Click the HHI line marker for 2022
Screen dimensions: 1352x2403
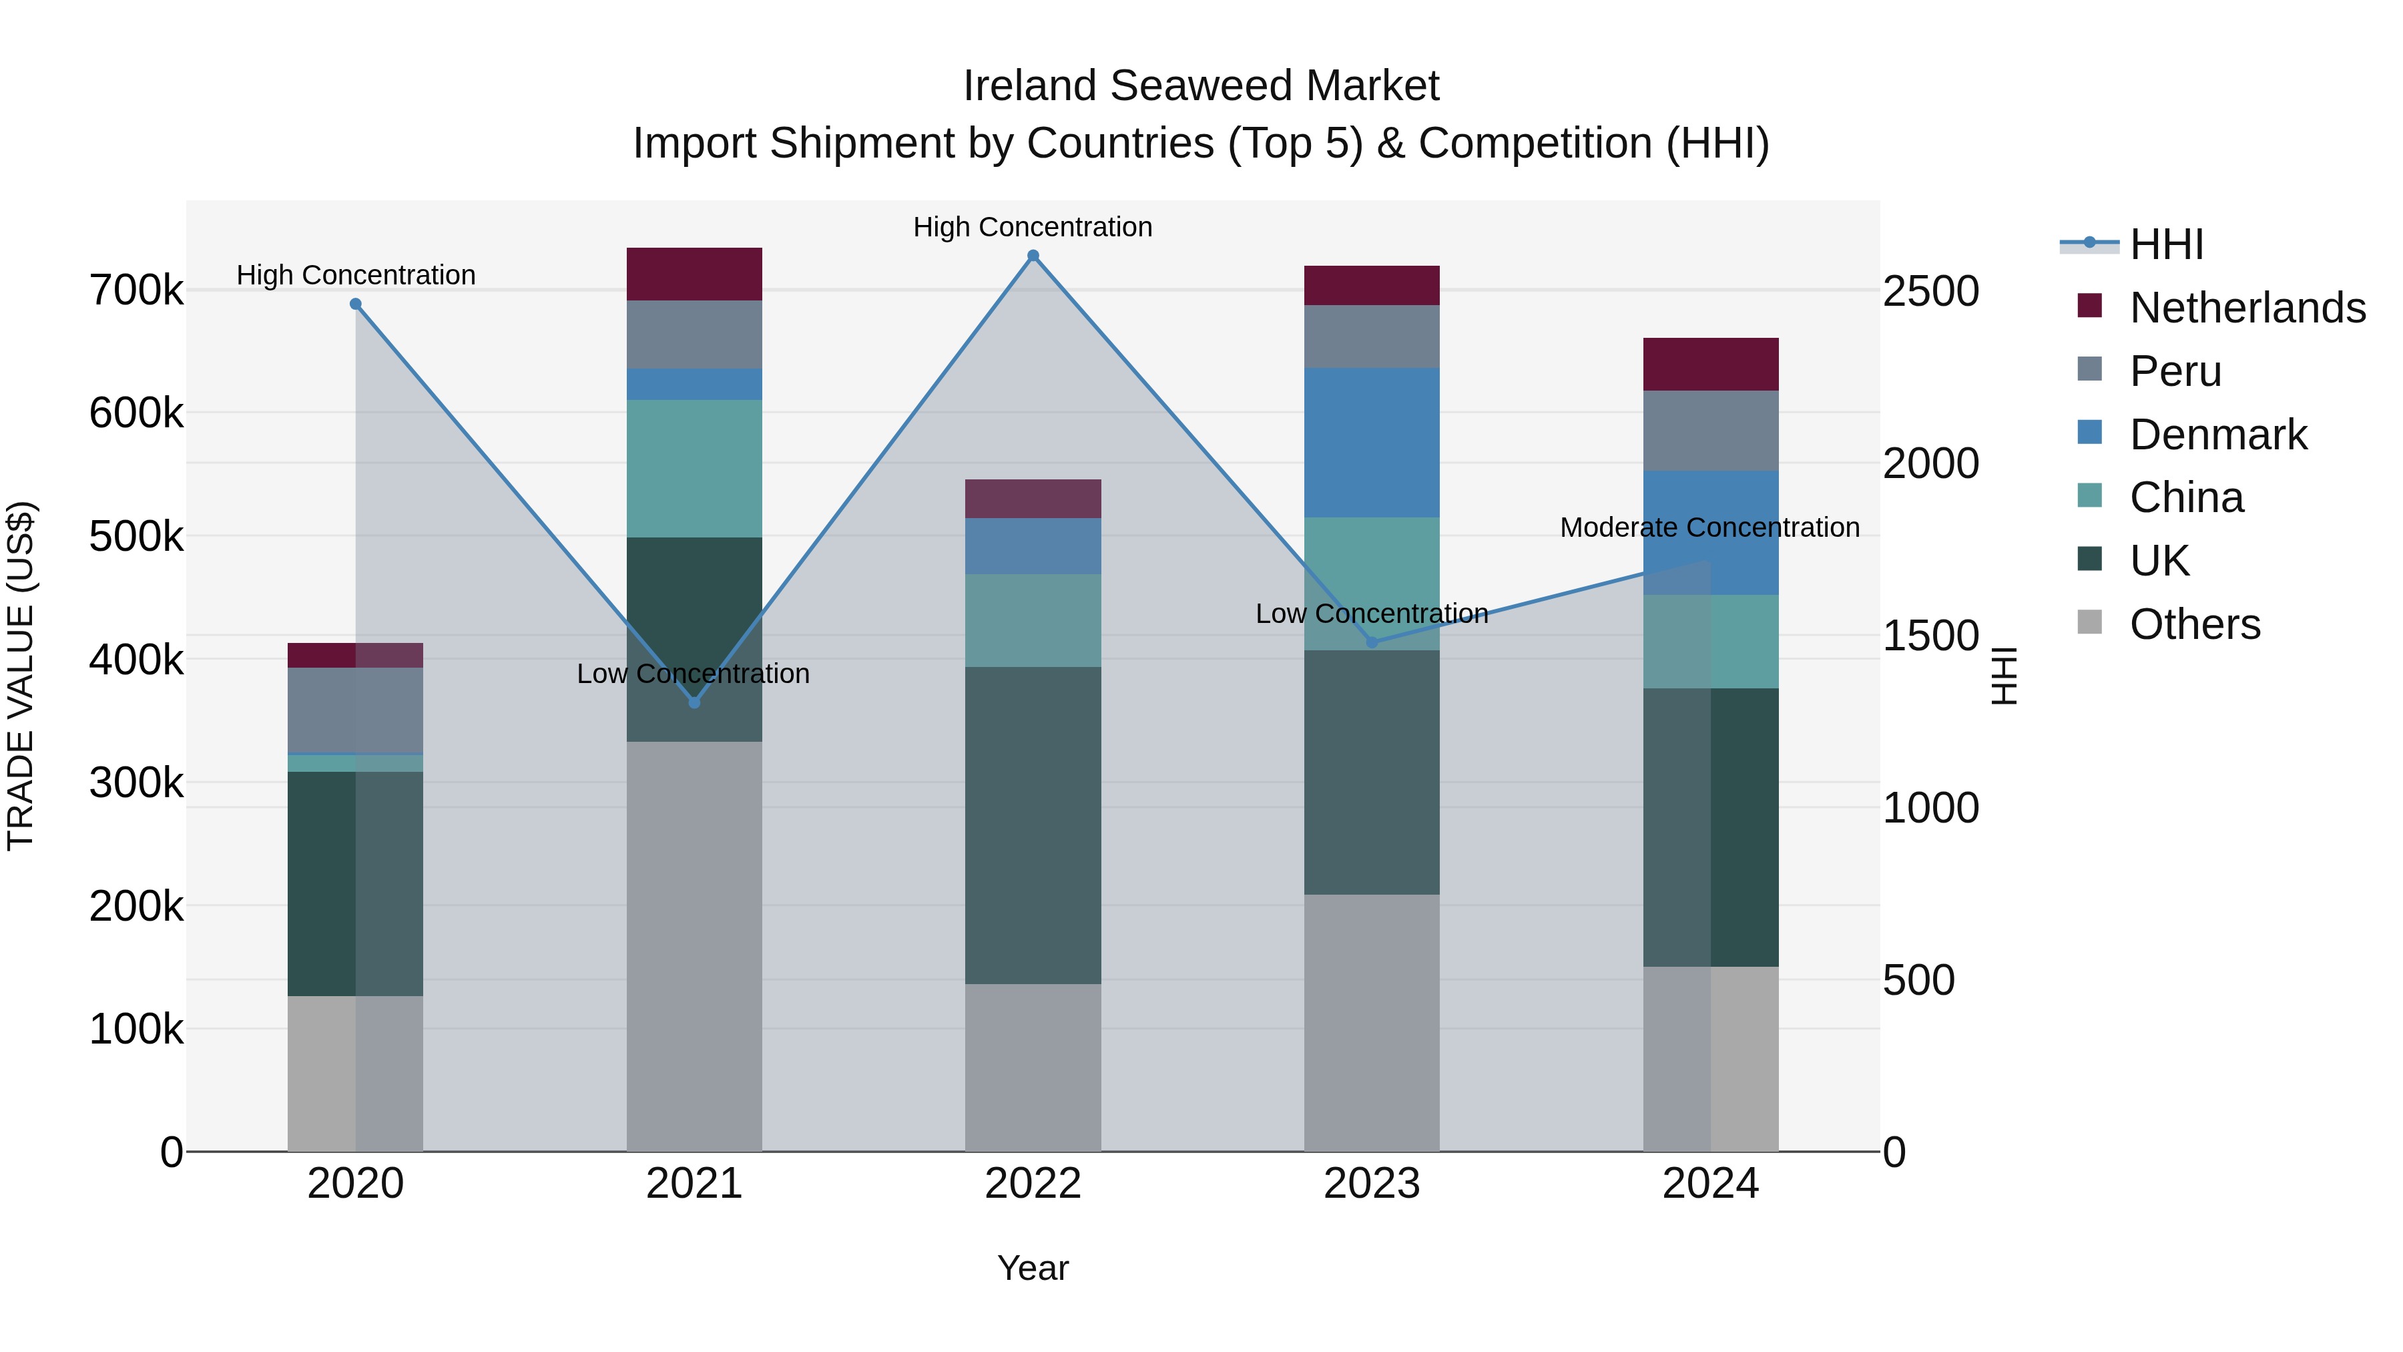1033,256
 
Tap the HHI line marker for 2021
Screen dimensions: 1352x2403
694,702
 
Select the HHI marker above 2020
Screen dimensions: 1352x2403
355,304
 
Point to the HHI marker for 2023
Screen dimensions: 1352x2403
1371,642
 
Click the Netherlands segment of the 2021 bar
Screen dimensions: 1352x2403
694,273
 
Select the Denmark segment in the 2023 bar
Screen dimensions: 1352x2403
1371,442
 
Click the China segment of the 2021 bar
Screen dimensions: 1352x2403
694,469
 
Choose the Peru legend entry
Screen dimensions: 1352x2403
2175,371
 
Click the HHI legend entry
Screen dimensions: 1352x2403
2165,244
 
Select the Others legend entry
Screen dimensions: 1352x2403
2194,624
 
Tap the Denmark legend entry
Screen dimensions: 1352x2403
2217,435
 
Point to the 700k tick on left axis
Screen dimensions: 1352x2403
136,290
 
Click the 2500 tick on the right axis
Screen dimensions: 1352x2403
1930,291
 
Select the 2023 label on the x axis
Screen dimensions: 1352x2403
1371,1184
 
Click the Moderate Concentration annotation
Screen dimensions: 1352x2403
1709,527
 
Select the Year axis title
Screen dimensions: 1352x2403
1033,1268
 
